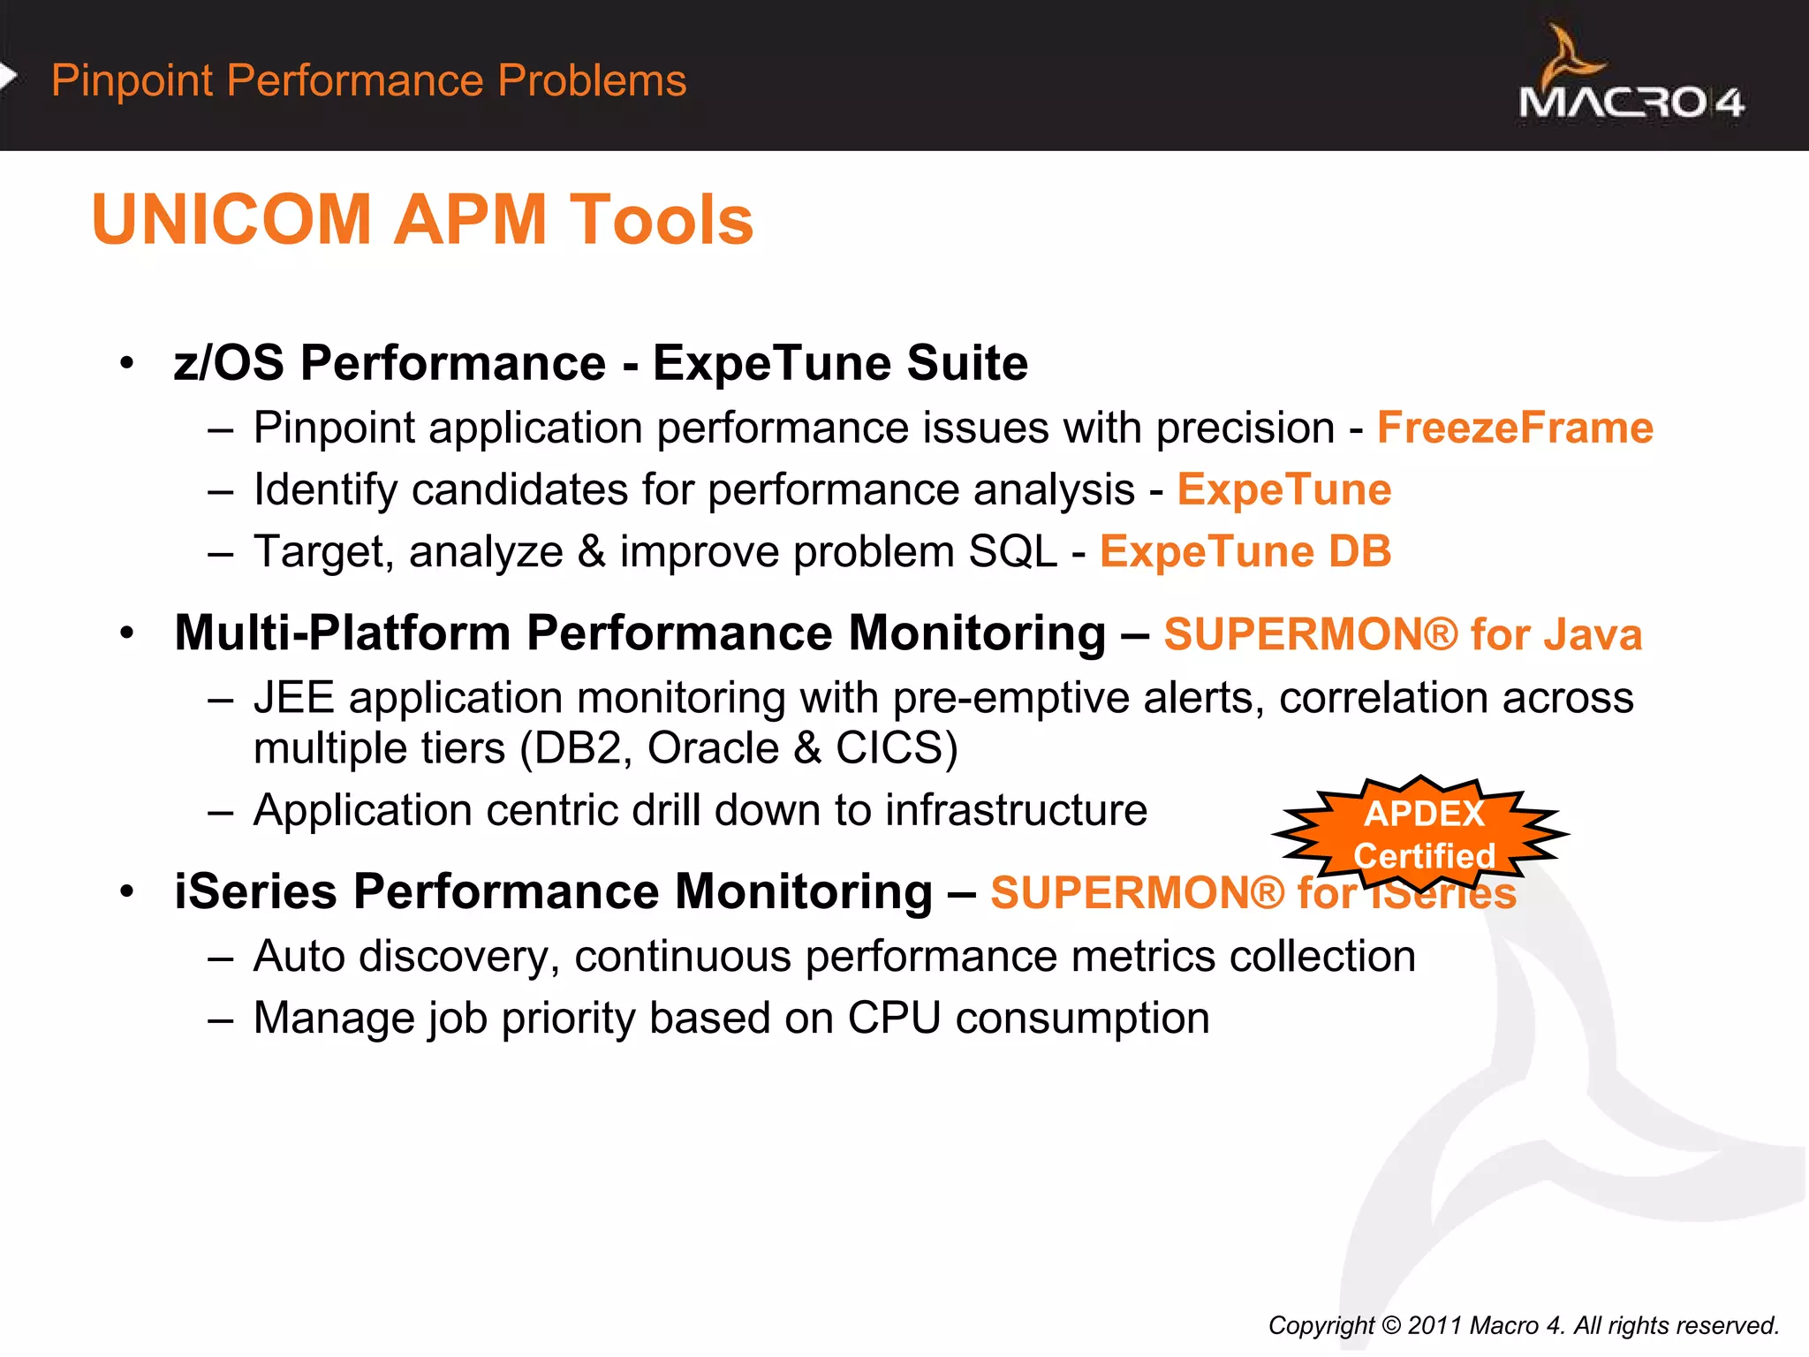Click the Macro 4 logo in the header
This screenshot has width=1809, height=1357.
pyautogui.click(x=1631, y=78)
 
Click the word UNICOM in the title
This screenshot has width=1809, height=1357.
pyautogui.click(x=231, y=220)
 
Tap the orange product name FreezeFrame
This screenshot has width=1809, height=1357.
pyautogui.click(x=1515, y=428)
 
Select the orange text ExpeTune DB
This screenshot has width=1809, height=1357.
pyautogui.click(x=1245, y=551)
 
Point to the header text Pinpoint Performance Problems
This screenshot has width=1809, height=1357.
pyautogui.click(x=368, y=80)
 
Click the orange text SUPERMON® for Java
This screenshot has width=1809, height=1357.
pyautogui.click(x=1402, y=634)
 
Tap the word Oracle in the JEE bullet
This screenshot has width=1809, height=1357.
pyautogui.click(x=713, y=748)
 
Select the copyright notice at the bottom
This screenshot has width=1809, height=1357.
pyautogui.click(x=1523, y=1325)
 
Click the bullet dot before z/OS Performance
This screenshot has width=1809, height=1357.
pyautogui.click(x=127, y=362)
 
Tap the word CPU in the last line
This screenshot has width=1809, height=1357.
pyautogui.click(x=894, y=1018)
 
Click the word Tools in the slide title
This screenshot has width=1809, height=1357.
pyautogui.click(x=661, y=220)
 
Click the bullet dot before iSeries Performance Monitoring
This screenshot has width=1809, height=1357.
pyautogui.click(x=127, y=891)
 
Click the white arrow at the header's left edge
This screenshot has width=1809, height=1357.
pyautogui.click(x=8, y=78)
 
